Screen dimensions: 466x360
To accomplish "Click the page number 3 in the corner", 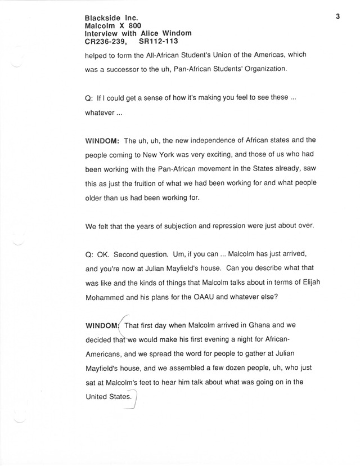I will (337, 16).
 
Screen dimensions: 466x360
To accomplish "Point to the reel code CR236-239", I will (105, 41).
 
